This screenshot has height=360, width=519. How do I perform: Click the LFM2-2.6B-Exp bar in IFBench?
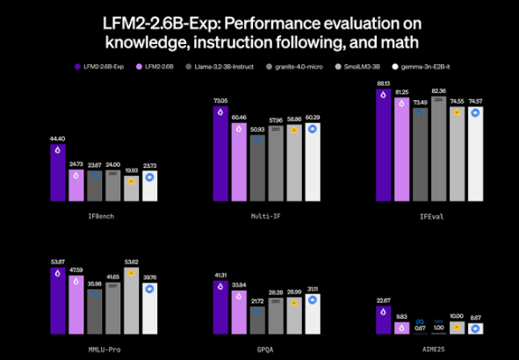click(x=58, y=173)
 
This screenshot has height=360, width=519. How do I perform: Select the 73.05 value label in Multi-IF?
click(x=221, y=101)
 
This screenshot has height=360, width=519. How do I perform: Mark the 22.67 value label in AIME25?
click(x=384, y=299)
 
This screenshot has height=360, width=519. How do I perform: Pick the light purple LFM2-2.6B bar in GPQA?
click(x=240, y=313)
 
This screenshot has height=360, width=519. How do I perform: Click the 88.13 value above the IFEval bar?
click(x=384, y=83)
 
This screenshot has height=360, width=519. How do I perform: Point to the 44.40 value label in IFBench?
click(x=58, y=139)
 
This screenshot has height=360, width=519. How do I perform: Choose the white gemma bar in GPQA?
click(x=314, y=314)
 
